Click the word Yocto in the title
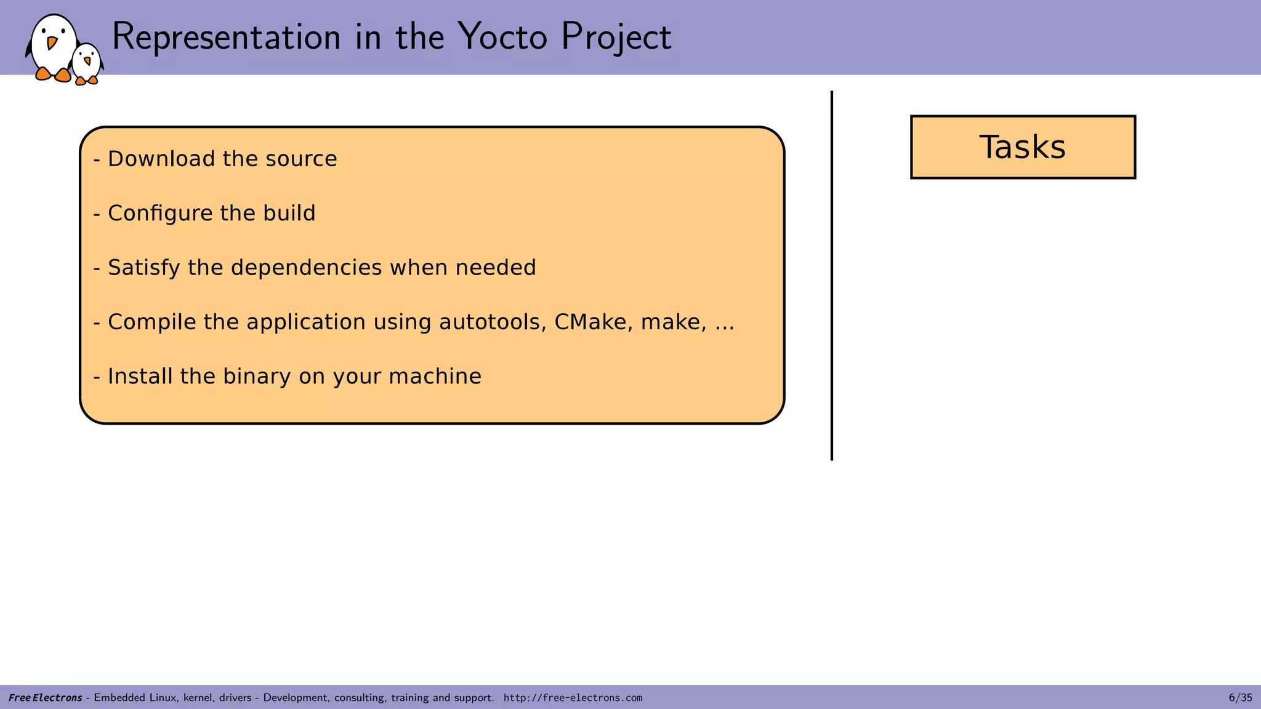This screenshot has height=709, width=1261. pyautogui.click(x=502, y=37)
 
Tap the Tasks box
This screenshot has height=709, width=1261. pyautogui.click(x=1022, y=147)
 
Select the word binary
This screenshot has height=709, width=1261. pyautogui.click(x=256, y=377)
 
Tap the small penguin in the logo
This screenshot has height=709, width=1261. pyautogui.click(x=87, y=63)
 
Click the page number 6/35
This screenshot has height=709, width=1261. pyautogui.click(x=1240, y=698)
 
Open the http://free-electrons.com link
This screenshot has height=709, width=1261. pyautogui.click(x=573, y=698)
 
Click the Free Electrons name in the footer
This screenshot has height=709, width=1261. pyautogui.click(x=45, y=698)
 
